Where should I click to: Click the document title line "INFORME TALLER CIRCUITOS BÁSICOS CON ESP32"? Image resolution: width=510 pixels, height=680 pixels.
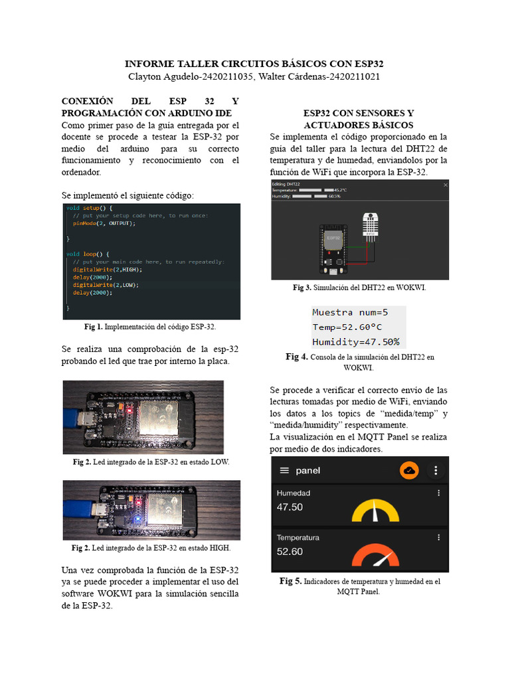[254, 64]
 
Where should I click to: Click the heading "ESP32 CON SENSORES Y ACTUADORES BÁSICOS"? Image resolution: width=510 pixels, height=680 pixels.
[359, 119]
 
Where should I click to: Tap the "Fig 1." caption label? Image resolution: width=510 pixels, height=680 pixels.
[94, 327]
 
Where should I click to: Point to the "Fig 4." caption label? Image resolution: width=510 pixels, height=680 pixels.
[296, 357]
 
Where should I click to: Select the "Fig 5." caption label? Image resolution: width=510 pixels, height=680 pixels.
[290, 581]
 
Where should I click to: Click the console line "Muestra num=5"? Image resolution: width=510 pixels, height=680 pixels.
[350, 312]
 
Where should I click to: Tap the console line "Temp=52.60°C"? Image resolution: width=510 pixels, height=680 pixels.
[347, 327]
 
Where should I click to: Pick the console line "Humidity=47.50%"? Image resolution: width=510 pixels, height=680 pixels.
[356, 342]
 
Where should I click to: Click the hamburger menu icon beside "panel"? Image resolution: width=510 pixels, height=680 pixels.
[284, 470]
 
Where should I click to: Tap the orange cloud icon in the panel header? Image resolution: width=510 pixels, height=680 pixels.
[409, 470]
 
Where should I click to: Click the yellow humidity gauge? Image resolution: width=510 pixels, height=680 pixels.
[375, 511]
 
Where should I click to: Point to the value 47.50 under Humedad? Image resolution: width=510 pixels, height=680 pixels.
[290, 507]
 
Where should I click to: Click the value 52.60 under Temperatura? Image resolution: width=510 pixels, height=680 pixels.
[290, 551]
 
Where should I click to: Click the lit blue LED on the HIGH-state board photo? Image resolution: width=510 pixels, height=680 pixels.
[135, 515]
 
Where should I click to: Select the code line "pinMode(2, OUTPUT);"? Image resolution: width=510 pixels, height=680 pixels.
[104, 224]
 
